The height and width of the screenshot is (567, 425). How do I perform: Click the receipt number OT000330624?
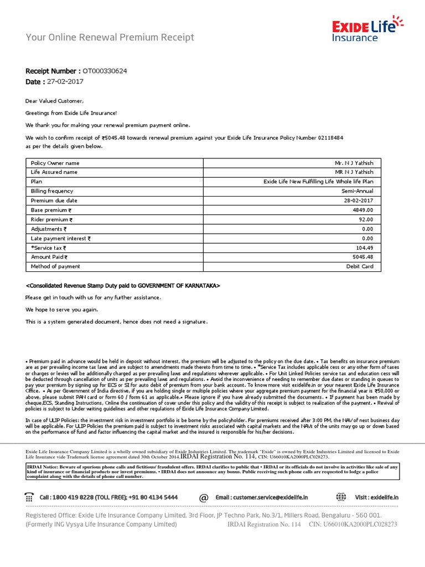pyautogui.click(x=105, y=71)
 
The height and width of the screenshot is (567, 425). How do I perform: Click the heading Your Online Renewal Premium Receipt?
pyautogui.click(x=110, y=38)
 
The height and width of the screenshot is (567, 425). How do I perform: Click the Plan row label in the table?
pyautogui.click(x=37, y=182)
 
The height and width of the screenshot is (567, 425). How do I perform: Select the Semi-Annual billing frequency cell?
pyautogui.click(x=357, y=191)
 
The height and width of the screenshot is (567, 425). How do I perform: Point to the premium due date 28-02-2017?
pyautogui.click(x=359, y=200)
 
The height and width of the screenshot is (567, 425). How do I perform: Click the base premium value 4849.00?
pyautogui.click(x=362, y=210)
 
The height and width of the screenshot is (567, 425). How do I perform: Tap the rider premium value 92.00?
pyautogui.click(x=365, y=219)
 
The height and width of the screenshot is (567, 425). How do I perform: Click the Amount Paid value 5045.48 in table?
pyautogui.click(x=362, y=257)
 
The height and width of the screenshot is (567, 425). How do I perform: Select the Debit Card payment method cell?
pyautogui.click(x=360, y=266)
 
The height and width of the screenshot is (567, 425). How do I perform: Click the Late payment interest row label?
pyautogui.click(x=61, y=238)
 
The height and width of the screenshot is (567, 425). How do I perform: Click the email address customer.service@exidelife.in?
pyautogui.click(x=269, y=498)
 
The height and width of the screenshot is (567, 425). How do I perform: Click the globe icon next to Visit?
pyautogui.click(x=341, y=497)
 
